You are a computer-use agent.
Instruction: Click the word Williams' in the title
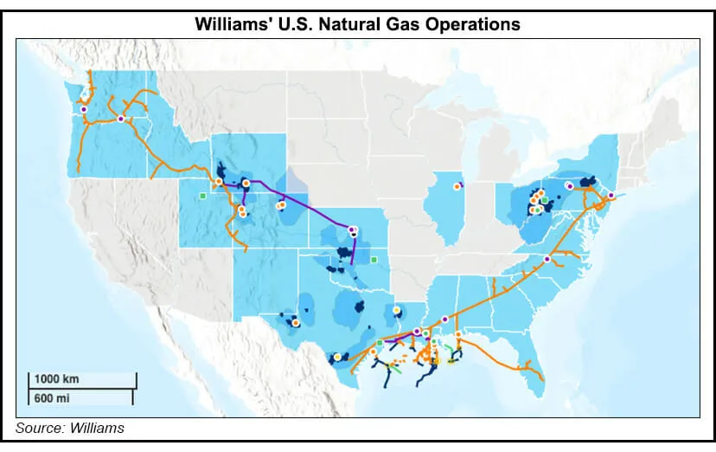pyautogui.click(x=233, y=24)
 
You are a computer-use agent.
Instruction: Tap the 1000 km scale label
pyautogui.click(x=58, y=378)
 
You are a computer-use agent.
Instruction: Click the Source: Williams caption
pyautogui.click(x=69, y=428)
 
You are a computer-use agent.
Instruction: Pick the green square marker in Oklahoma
pyautogui.click(x=374, y=259)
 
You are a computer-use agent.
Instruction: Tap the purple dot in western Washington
pyautogui.click(x=84, y=110)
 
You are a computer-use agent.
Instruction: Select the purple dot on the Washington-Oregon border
pyautogui.click(x=121, y=119)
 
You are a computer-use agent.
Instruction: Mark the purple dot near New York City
pyautogui.click(x=611, y=196)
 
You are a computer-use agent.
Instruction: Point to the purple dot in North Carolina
pyautogui.click(x=547, y=259)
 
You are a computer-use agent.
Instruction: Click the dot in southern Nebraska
pyautogui.click(x=352, y=229)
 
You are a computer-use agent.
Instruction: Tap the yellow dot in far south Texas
pyautogui.click(x=337, y=356)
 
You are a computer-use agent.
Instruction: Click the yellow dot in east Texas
pyautogui.click(x=396, y=310)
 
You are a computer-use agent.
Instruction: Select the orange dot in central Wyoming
pyautogui.click(x=280, y=206)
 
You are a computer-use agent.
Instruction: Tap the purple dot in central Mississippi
pyautogui.click(x=444, y=319)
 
